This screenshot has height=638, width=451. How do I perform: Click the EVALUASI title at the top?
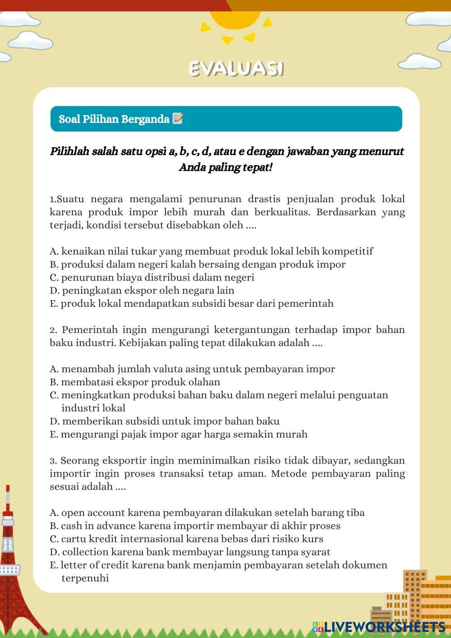236,69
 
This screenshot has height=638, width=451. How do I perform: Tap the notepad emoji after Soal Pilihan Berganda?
178,119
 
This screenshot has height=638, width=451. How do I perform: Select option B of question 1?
198,264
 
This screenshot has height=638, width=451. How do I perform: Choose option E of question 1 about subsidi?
192,304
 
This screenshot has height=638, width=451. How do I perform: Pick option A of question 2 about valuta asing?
192,369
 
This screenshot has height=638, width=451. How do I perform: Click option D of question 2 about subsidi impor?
165,421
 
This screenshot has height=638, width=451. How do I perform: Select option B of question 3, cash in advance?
195,526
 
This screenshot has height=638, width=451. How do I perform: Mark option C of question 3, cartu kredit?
186,539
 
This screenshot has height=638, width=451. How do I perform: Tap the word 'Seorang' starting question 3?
80,461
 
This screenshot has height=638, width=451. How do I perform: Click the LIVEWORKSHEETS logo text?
384,627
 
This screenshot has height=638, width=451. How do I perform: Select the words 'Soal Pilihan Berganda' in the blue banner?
114,119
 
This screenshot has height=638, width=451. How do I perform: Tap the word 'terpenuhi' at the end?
85,578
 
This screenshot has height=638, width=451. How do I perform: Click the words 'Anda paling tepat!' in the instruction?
226,168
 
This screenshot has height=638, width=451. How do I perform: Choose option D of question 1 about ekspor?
142,291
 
